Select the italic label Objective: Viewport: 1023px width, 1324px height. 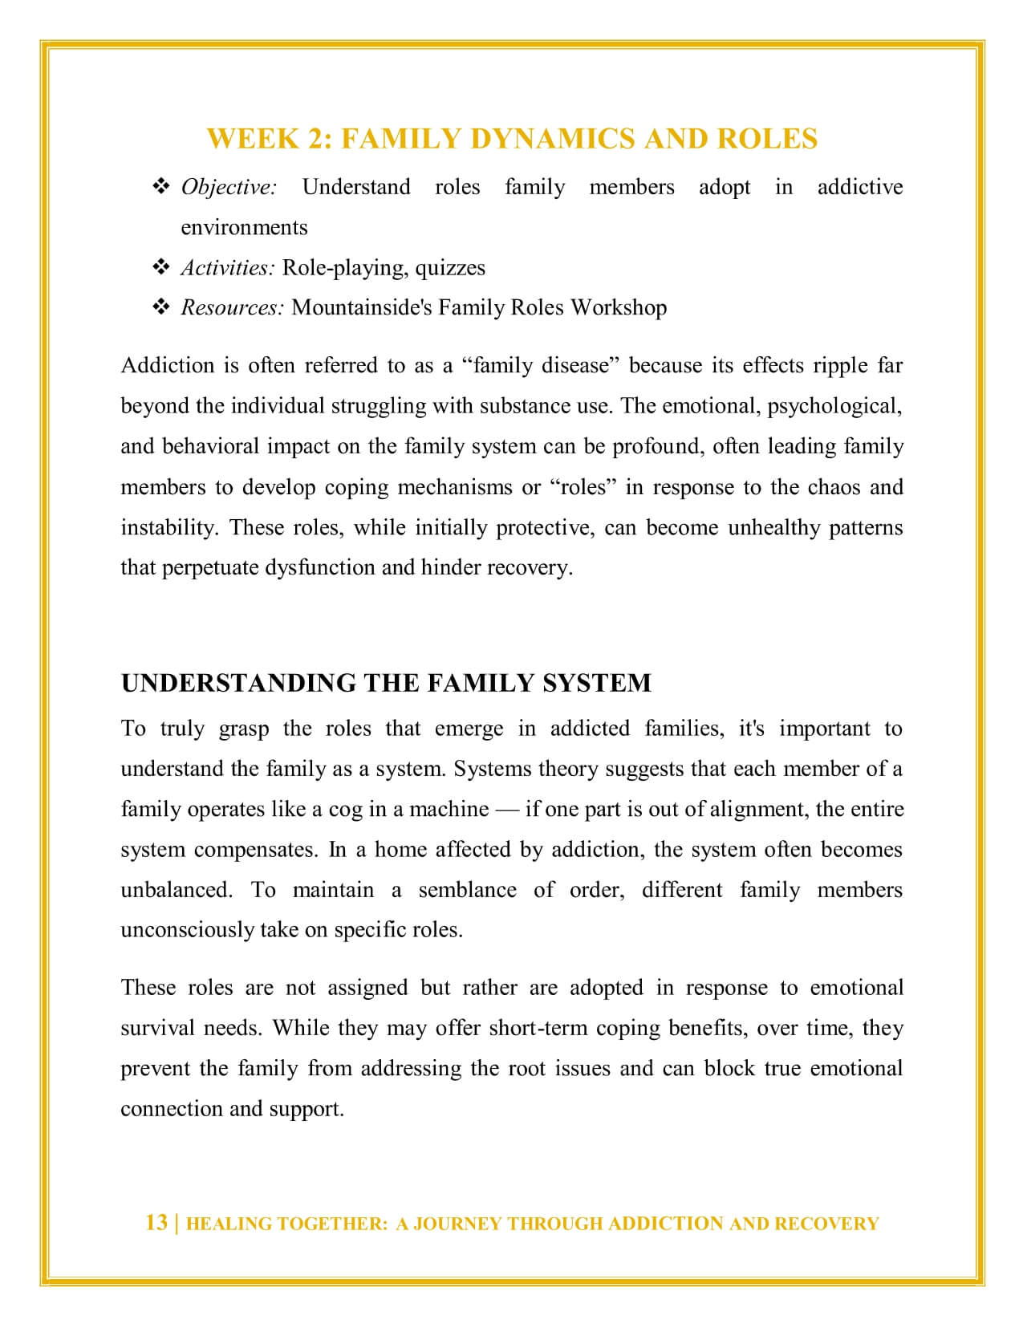click(x=229, y=187)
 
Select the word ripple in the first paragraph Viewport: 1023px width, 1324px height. click(x=840, y=366)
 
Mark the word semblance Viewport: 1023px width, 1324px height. click(x=467, y=890)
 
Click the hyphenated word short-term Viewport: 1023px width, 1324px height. click(x=539, y=1028)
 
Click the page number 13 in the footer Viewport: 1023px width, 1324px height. click(x=156, y=1222)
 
